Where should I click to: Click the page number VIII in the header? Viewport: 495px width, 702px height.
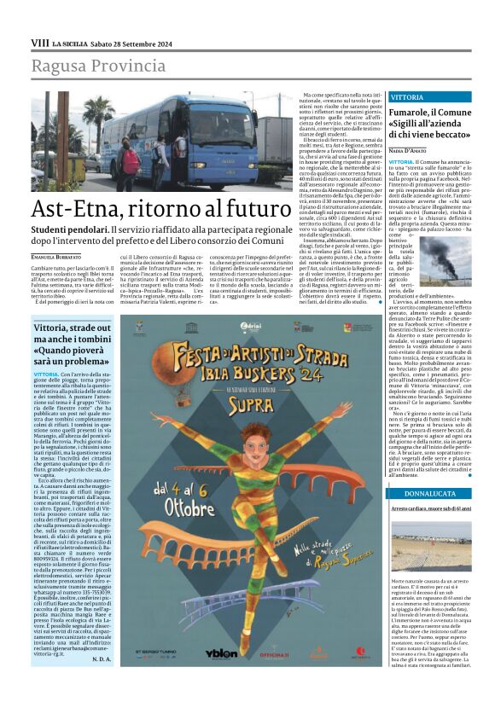[x=40, y=42]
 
